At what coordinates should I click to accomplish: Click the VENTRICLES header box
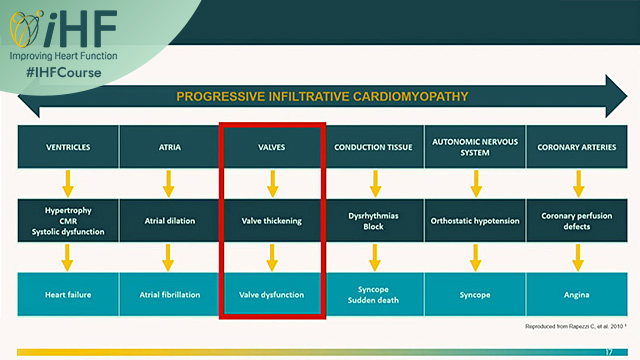(x=67, y=147)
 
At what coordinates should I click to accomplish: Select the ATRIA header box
(x=169, y=147)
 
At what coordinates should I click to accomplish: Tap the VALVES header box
(x=271, y=147)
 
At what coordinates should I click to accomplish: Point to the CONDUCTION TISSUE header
(x=374, y=147)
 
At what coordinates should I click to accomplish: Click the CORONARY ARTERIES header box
(x=577, y=147)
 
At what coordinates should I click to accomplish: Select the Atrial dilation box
(x=169, y=221)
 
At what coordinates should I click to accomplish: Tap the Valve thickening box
(x=271, y=221)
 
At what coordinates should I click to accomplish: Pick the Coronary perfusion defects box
(x=577, y=221)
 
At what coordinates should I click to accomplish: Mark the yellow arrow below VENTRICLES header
(x=67, y=184)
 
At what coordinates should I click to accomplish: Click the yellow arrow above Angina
(x=577, y=258)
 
